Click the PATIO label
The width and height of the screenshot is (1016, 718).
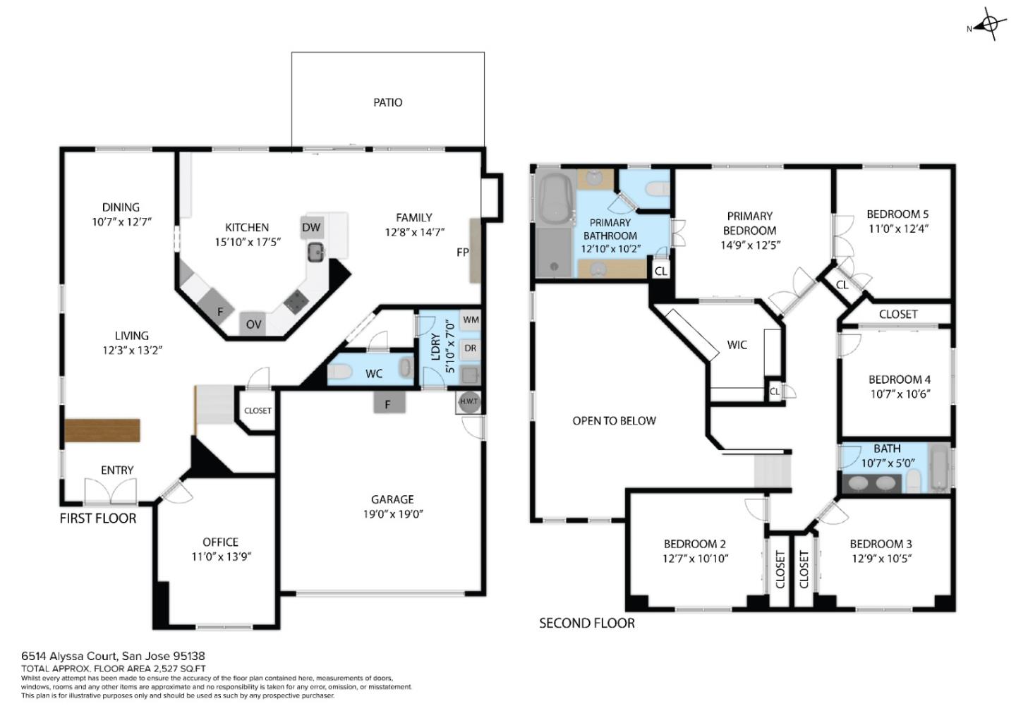click(x=387, y=103)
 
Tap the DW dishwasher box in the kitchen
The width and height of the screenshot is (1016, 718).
click(x=311, y=227)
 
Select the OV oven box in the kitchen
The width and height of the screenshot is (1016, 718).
click(x=253, y=324)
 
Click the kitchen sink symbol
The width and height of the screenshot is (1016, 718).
click(x=315, y=252)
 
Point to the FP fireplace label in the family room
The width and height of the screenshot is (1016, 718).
click(x=463, y=252)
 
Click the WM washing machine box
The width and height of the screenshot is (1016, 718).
click(x=471, y=320)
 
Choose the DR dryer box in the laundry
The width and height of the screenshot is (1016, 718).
click(x=471, y=348)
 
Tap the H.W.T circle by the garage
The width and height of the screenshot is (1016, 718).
click(x=468, y=402)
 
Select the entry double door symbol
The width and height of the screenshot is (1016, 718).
click(x=110, y=491)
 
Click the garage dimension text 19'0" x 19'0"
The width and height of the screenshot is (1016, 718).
click(x=393, y=514)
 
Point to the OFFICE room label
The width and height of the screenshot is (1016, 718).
click(x=220, y=542)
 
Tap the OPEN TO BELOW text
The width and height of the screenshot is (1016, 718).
click(x=614, y=421)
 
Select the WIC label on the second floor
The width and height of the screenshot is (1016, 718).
click(x=737, y=345)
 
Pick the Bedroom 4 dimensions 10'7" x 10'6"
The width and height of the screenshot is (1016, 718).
click(x=900, y=394)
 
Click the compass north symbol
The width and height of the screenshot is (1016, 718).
click(x=989, y=25)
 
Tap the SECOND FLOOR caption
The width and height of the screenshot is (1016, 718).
click(x=587, y=623)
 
